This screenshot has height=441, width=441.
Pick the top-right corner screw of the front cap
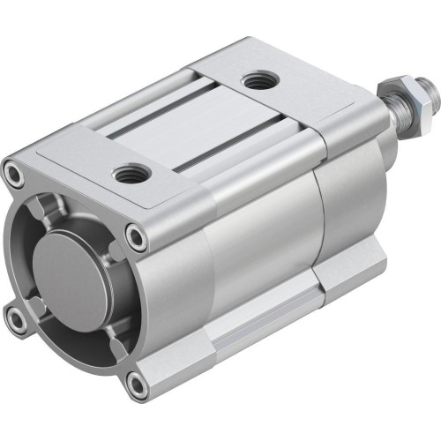coord(135,236)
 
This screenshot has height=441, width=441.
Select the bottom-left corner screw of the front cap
coord(17,320)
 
